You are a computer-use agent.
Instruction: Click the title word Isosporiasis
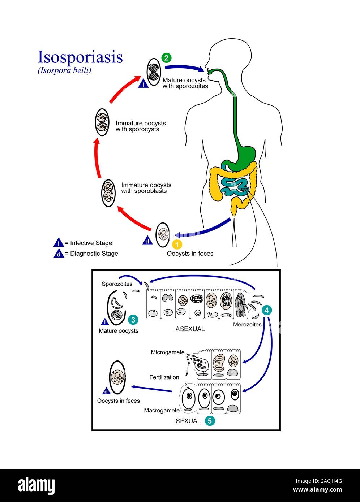[80, 57]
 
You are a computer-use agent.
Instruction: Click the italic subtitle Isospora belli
[64, 70]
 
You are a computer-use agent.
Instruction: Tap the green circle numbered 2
[166, 58]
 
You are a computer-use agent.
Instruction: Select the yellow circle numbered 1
[177, 244]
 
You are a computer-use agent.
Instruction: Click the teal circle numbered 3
[133, 320]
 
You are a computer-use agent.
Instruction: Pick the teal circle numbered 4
[267, 310]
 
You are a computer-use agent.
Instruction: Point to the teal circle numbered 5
[210, 421]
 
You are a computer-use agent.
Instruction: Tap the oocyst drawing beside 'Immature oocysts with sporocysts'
[102, 122]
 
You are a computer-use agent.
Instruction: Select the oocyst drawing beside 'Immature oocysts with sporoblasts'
[108, 193]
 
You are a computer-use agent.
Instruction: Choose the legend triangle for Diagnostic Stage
[59, 254]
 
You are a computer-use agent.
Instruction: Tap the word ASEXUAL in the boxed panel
[190, 329]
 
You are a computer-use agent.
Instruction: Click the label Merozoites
[247, 324]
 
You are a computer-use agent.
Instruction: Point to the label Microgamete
[167, 352]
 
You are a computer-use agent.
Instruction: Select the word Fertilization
[164, 377]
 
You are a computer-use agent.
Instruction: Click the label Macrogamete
[162, 410]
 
